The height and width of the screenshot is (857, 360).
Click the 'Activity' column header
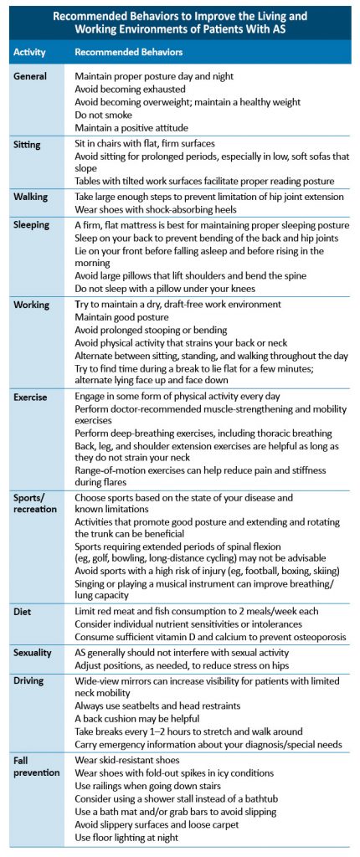coord(29,52)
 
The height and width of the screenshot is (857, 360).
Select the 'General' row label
coord(32,76)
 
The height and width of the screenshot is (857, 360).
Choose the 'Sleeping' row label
coord(33,225)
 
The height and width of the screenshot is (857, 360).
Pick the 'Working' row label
coord(33,305)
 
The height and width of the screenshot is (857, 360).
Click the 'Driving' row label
coord(31,657)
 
